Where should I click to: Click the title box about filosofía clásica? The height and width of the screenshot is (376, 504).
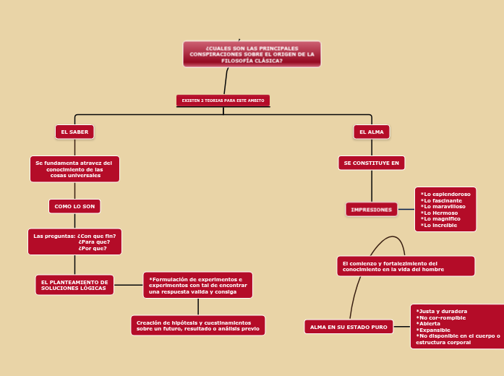252,54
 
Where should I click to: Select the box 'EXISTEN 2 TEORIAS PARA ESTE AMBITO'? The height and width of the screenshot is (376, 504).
223,101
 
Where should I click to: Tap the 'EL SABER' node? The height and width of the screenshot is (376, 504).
74,132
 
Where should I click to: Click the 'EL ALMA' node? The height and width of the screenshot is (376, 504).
372,132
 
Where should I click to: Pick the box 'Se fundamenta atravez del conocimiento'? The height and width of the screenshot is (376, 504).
74,169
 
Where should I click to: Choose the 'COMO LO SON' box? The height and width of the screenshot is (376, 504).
74,206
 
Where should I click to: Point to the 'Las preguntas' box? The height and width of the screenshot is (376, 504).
74,242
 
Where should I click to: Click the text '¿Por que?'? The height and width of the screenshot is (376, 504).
93,248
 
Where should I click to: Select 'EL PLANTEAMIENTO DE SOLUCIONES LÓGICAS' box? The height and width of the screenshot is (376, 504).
74,285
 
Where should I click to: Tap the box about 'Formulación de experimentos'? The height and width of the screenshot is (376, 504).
197,285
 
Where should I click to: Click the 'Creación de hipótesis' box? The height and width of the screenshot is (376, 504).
197,325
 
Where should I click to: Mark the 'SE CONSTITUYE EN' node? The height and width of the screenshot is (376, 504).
371,163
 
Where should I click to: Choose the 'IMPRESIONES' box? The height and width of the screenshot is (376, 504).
371,210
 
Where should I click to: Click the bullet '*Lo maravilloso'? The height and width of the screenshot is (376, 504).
443,206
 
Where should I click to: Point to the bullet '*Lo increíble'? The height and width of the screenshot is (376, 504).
440,225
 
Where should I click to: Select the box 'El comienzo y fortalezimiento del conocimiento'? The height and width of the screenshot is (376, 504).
405,266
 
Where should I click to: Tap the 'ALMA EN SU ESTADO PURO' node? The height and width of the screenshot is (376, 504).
349,327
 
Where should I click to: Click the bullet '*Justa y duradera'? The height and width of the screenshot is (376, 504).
442,311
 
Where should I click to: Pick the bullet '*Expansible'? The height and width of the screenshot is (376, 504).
434,330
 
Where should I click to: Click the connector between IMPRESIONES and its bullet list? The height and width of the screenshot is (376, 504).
406,210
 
